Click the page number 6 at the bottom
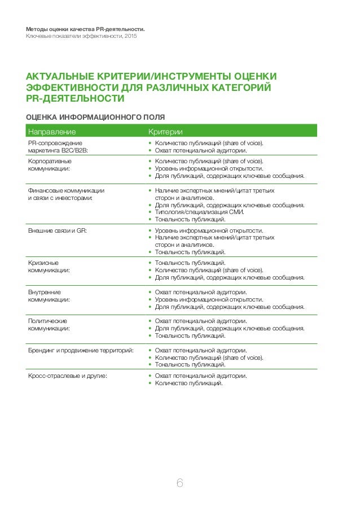pyautogui.click(x=179, y=483)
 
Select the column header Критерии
pyautogui.click(x=161, y=132)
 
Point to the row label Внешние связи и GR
pyautogui.click(x=58, y=231)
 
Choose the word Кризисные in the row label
pyautogui.click(x=43, y=263)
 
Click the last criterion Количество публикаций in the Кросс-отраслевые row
pyautogui.click(x=188, y=383)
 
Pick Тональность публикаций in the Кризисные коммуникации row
pyautogui.click(x=190, y=263)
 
